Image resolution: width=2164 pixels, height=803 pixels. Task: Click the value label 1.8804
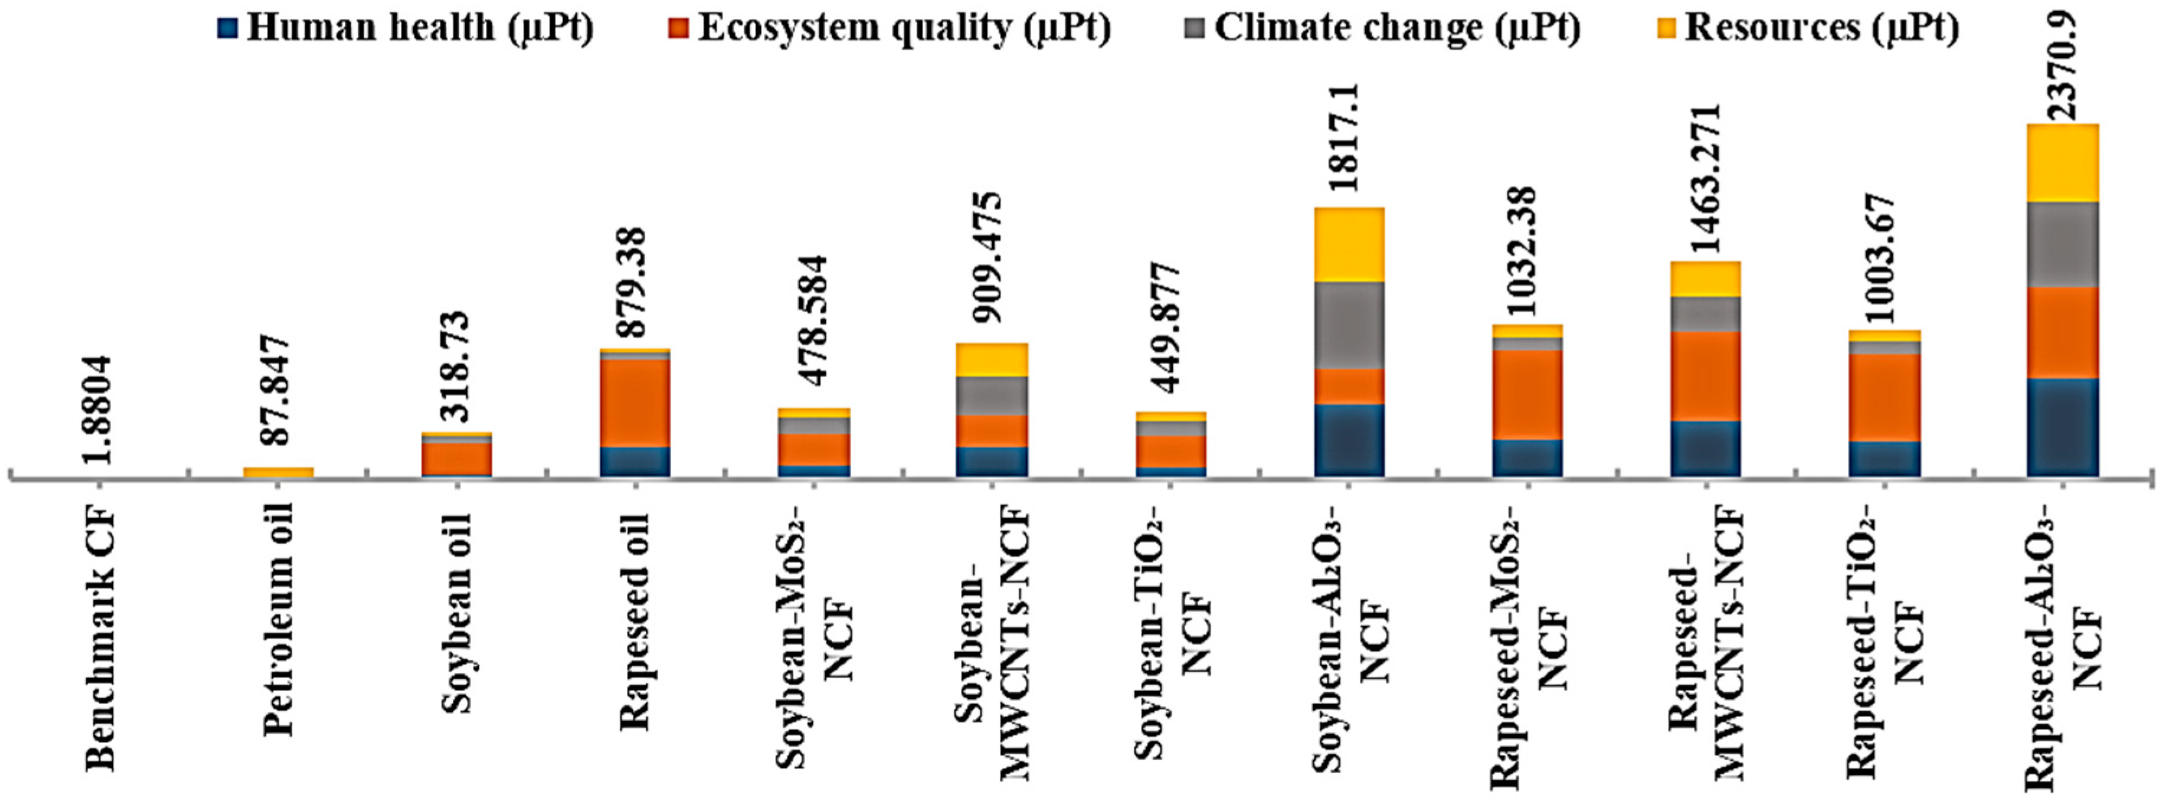99,409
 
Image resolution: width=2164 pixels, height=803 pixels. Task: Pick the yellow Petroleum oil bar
279,472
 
